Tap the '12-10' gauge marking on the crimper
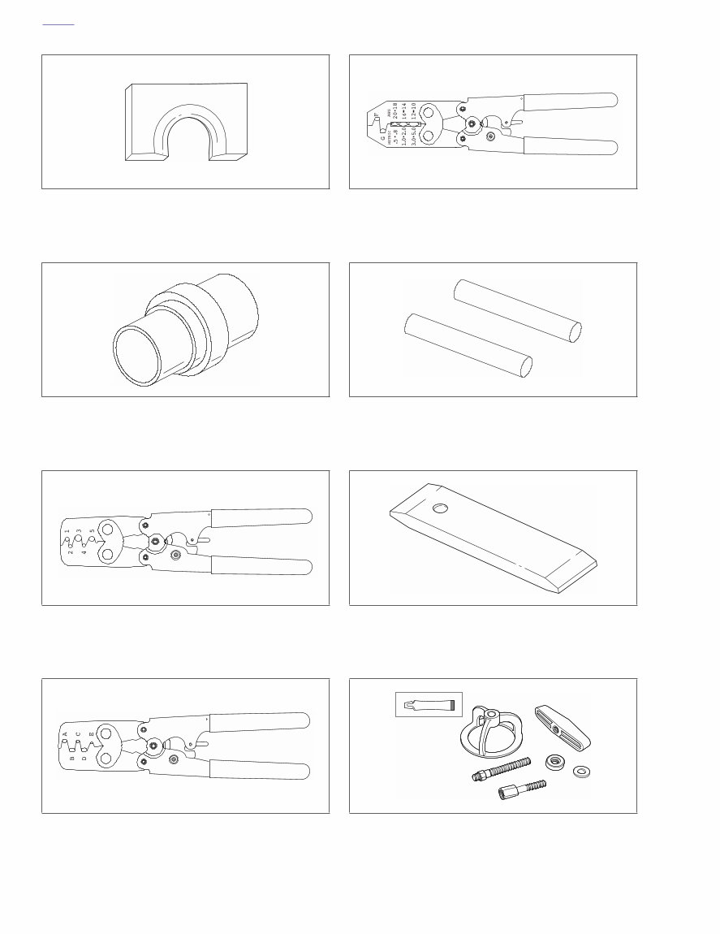413,110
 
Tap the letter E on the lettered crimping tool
91,734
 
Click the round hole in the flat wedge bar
440,508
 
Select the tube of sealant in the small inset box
428,703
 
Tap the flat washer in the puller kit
581,771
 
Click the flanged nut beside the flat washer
556,762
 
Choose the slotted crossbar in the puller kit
562,726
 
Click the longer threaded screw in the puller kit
501,768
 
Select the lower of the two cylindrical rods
468,347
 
